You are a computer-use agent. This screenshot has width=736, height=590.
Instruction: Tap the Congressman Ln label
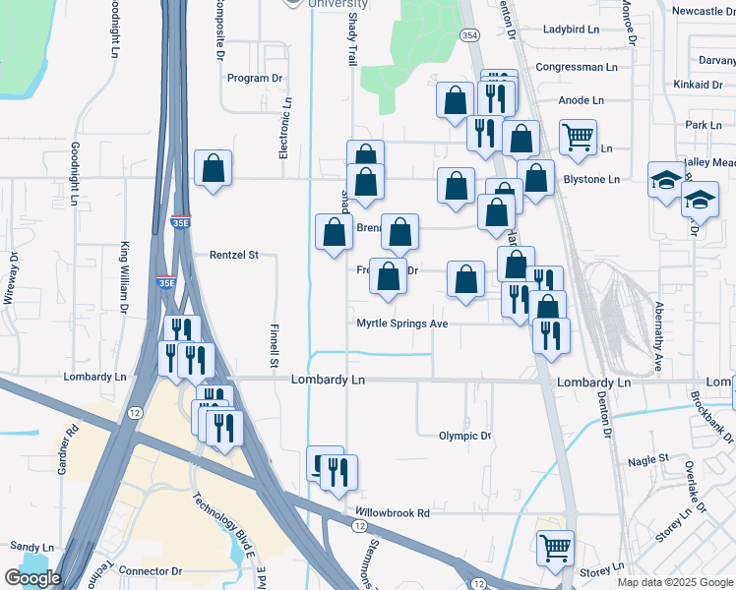click(576, 67)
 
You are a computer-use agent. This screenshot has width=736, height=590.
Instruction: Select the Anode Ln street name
click(581, 100)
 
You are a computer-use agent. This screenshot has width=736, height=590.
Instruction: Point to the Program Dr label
click(255, 78)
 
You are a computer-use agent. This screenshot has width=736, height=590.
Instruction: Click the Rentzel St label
click(233, 255)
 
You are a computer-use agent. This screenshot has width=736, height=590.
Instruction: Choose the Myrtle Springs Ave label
click(402, 323)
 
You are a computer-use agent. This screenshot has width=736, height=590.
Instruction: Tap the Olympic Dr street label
click(464, 436)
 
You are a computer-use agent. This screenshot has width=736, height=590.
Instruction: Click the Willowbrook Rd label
click(393, 512)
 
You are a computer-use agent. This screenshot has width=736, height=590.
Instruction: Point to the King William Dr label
click(125, 277)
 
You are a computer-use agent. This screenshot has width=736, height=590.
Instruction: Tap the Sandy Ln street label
click(31, 547)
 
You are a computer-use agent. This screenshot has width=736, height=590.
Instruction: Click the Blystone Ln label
click(590, 179)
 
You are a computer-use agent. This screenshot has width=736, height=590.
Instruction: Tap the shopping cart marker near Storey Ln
click(556, 548)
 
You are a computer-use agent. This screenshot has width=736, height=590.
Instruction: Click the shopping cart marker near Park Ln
click(578, 137)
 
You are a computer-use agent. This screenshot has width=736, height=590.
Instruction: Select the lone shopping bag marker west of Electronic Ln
click(213, 168)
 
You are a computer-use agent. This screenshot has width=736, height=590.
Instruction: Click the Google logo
click(32, 578)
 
